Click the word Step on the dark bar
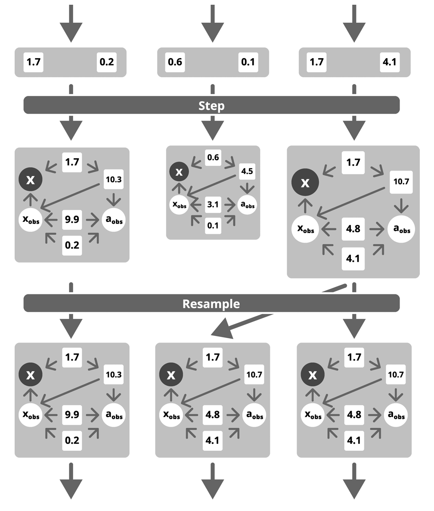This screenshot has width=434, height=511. tap(211, 106)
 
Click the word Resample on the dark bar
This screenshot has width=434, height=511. tap(211, 304)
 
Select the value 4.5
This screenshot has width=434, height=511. tap(247, 171)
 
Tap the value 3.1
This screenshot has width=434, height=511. tap(213, 205)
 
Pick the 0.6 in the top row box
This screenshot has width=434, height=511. tap(175, 62)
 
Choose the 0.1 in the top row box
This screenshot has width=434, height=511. tap(248, 62)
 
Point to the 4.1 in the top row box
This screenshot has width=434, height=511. tap(389, 62)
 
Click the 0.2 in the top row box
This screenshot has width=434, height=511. tap(106, 62)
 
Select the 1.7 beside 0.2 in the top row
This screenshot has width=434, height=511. tap(33, 62)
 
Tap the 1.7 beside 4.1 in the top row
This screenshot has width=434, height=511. tap(316, 62)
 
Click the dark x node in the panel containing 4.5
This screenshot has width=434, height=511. tap(179, 171)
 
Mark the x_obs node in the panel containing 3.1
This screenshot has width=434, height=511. tap(180, 205)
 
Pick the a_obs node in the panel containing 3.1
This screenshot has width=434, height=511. tap(247, 205)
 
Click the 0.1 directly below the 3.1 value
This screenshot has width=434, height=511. tap(213, 225)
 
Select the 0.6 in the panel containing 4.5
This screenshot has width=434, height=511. tap(213, 158)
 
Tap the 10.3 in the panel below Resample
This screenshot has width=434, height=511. tap(114, 375)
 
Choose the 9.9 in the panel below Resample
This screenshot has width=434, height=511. tap(72, 414)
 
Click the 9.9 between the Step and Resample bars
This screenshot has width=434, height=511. tap(72, 219)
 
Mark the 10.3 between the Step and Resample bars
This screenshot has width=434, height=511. tap(114, 180)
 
